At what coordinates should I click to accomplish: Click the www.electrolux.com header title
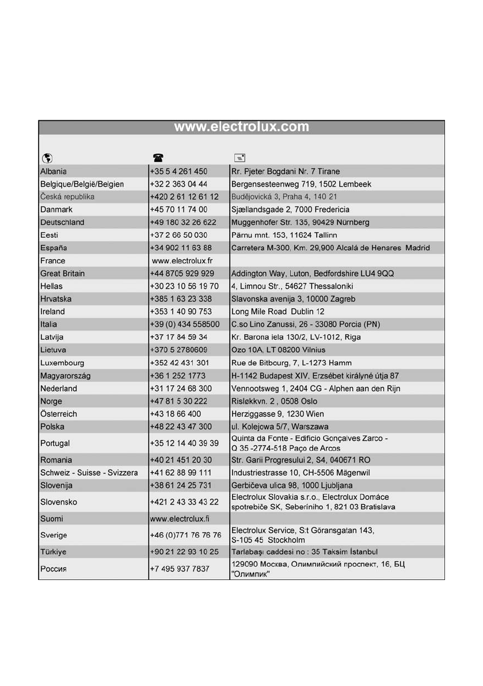241,127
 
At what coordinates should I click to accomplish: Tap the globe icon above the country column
45,158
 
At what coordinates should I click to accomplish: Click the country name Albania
54,171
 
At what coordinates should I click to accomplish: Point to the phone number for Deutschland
183,222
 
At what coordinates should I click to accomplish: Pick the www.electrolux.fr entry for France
182,261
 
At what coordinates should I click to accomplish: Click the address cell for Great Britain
313,274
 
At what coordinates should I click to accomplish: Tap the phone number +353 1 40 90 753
181,312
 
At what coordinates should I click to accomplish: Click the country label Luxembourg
62,363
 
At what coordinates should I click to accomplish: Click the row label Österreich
59,414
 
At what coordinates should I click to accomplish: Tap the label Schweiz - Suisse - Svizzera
89,473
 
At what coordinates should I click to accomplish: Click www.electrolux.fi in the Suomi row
180,518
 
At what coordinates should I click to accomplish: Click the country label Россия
55,570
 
